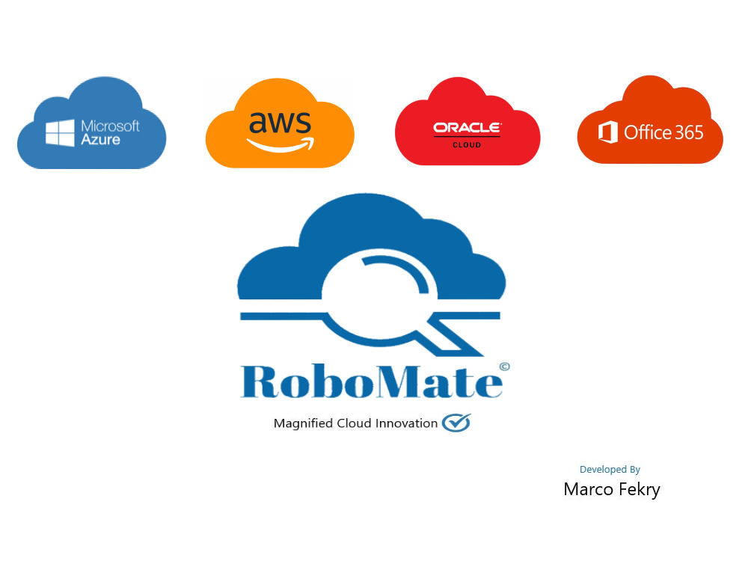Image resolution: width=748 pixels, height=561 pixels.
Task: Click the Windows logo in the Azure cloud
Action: click(60, 132)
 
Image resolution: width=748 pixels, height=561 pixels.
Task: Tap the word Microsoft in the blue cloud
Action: click(110, 126)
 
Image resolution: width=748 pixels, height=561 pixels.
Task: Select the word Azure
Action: click(101, 139)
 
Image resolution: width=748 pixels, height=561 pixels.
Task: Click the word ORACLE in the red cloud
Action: click(467, 127)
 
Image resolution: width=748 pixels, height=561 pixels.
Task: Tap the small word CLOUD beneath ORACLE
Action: click(467, 144)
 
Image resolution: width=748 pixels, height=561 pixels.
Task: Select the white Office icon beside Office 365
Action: click(608, 132)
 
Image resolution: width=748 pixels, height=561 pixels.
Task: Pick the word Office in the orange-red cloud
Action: click(647, 132)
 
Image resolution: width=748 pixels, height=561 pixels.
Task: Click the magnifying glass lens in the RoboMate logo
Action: click(380, 295)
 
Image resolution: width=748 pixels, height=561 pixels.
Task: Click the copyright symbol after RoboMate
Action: click(505, 367)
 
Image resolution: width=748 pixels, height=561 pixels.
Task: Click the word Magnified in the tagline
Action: click(303, 423)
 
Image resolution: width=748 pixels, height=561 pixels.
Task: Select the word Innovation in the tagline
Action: click(406, 423)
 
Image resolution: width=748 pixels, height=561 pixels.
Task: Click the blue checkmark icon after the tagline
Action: click(456, 423)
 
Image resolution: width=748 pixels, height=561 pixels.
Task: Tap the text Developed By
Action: click(610, 470)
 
